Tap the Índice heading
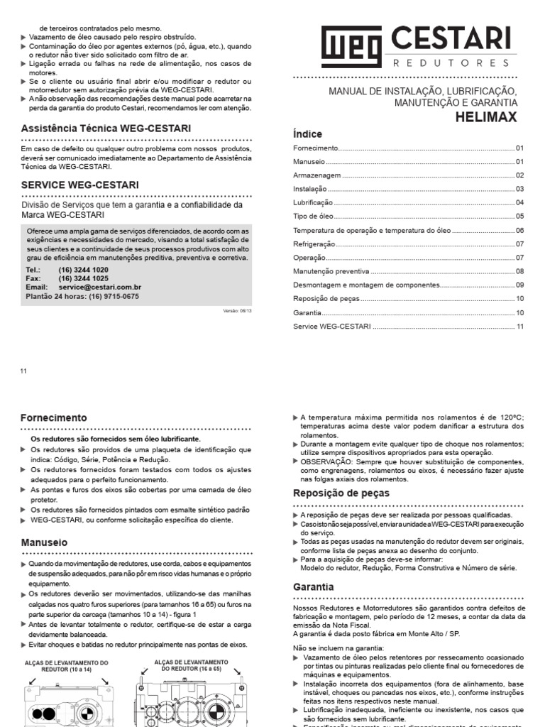pos(307,134)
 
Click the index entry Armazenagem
pos(317,175)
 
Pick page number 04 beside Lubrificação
pos(519,203)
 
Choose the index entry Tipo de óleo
pos(312,217)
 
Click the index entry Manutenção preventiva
pos(331,272)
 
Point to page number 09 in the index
pos(519,285)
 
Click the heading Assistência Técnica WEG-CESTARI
pos(105,129)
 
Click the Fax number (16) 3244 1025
pos(84,279)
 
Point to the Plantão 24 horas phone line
pos(82,296)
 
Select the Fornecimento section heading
pos(54,418)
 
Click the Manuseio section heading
pos(46,543)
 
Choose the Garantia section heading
pos(313,587)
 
